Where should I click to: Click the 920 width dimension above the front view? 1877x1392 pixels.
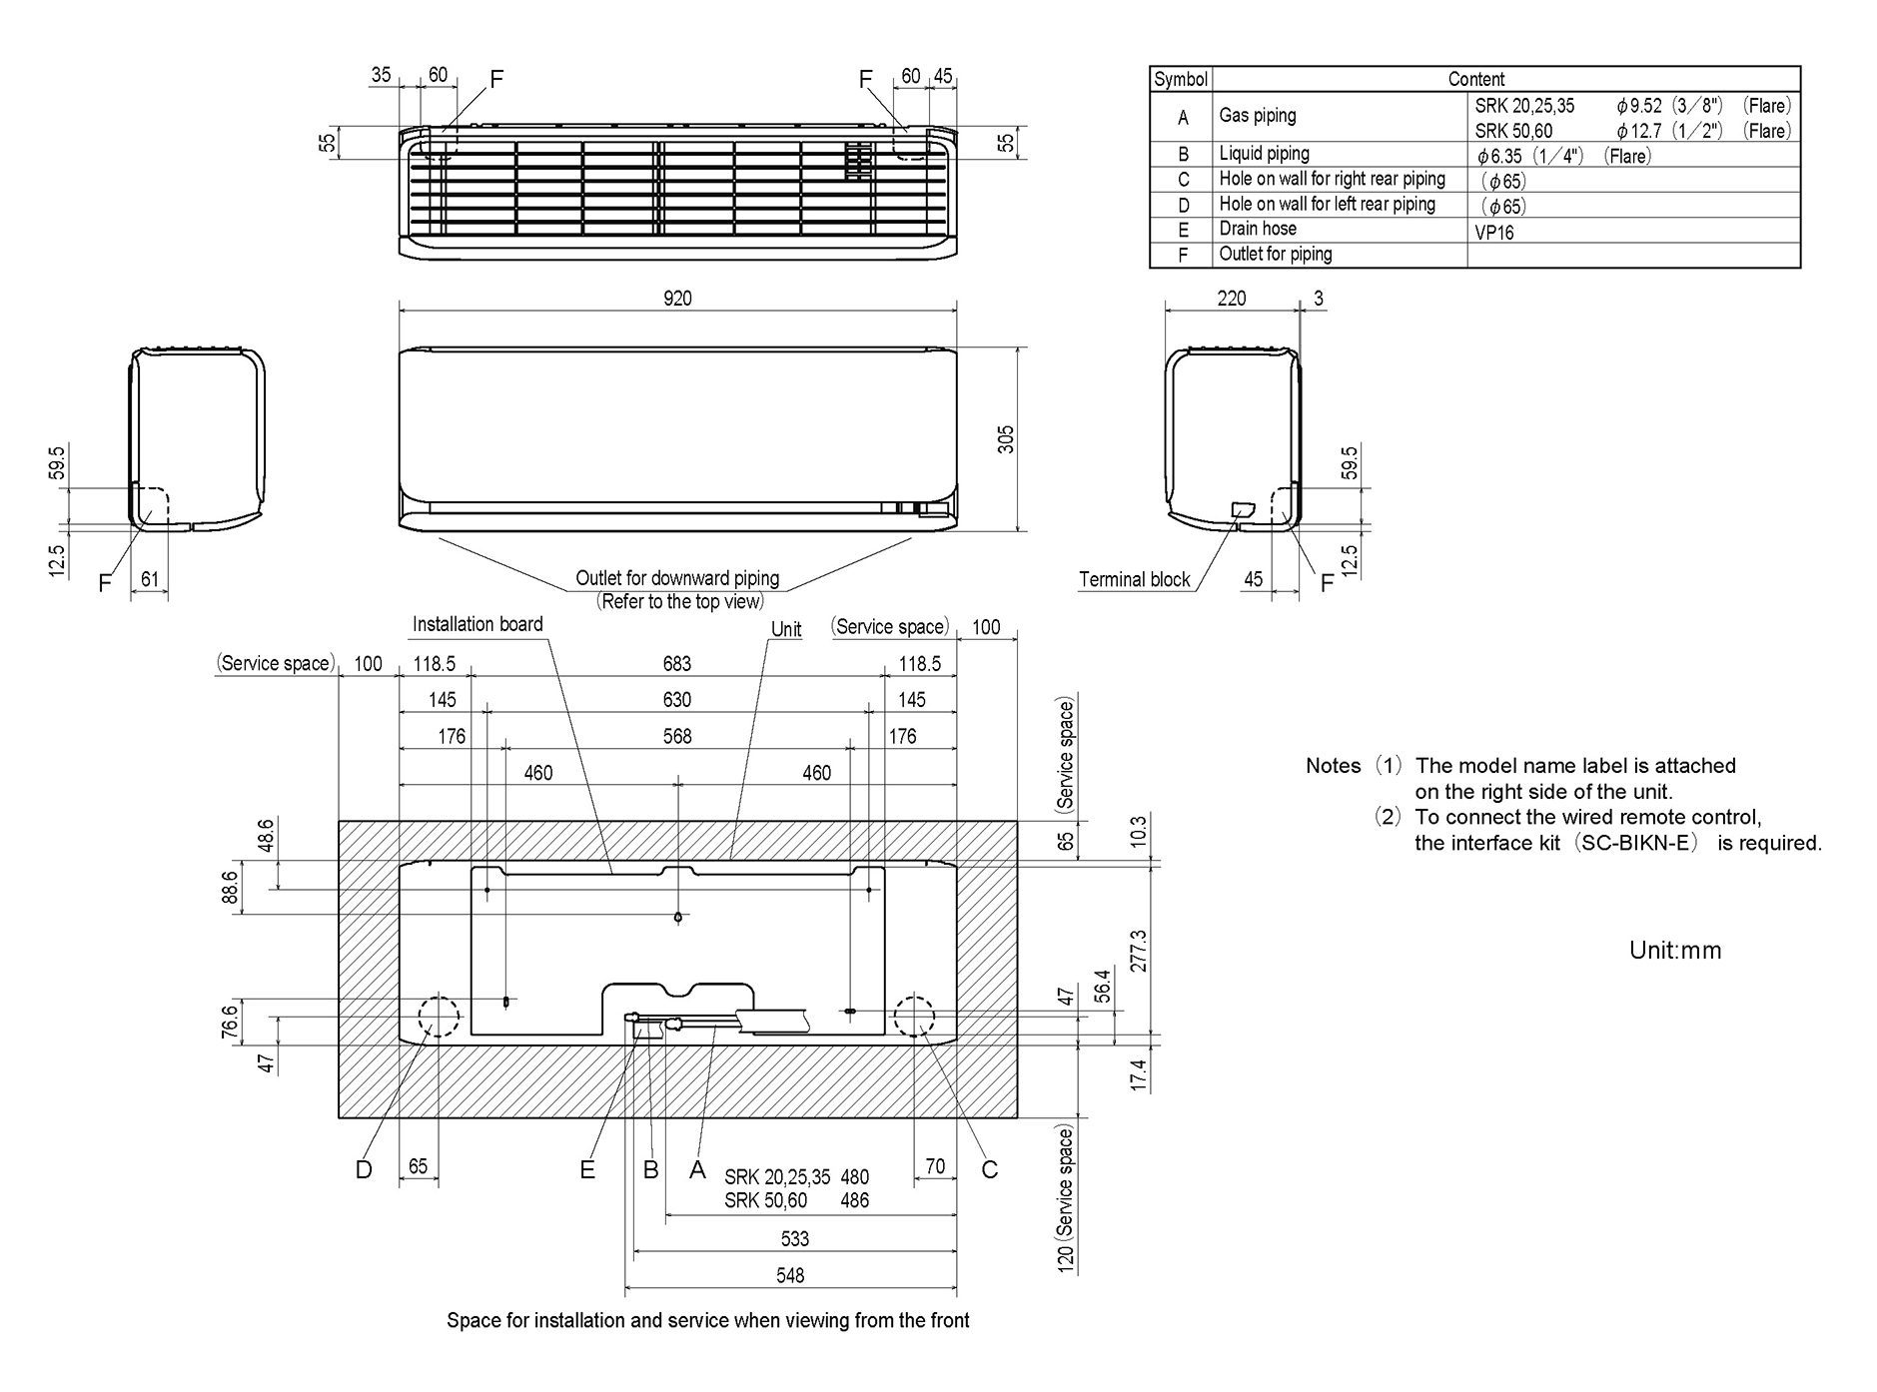[x=677, y=298]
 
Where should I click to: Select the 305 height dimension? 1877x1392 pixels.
[x=1006, y=439]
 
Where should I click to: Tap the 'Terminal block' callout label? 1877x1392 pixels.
[x=1135, y=580]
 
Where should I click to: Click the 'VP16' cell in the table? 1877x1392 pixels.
[x=1494, y=233]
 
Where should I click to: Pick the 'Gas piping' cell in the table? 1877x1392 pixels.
[x=1258, y=116]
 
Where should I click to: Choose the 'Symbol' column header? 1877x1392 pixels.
[x=1181, y=79]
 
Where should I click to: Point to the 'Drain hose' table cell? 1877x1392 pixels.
[x=1258, y=229]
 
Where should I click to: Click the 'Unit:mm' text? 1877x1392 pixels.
[x=1675, y=950]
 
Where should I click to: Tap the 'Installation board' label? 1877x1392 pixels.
[x=477, y=624]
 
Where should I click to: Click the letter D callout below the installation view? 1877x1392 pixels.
[x=364, y=1169]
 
